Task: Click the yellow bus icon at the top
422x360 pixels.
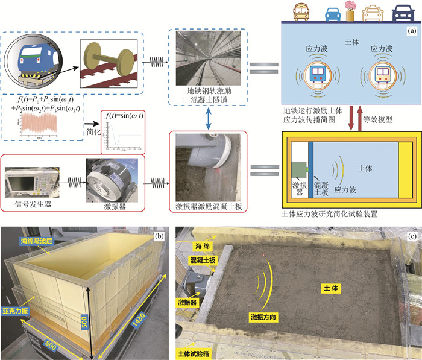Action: [300, 11]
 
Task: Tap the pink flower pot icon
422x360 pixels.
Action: [350, 10]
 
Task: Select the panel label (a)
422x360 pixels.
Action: [412, 30]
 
